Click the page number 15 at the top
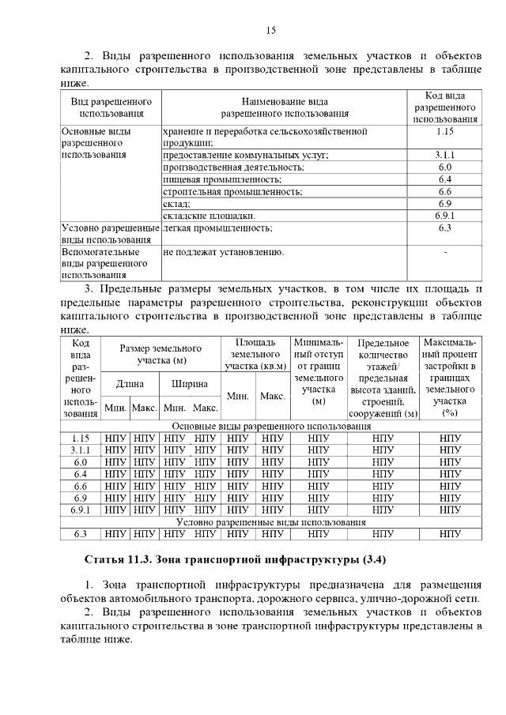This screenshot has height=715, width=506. [270, 31]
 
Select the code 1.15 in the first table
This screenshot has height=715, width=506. [444, 131]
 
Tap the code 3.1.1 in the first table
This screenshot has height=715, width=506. [444, 155]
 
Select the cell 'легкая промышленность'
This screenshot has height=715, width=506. [217, 228]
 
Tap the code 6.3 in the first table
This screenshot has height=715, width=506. [444, 228]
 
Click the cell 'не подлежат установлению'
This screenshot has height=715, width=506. [223, 252]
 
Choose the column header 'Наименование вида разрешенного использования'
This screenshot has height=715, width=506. [285, 107]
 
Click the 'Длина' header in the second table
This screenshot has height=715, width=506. [130, 384]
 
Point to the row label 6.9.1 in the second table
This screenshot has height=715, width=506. [80, 510]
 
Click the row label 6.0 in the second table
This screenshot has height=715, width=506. [80, 461]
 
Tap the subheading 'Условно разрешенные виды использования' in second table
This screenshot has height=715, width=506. [270, 522]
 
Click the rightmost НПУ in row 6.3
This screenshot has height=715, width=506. [450, 534]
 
